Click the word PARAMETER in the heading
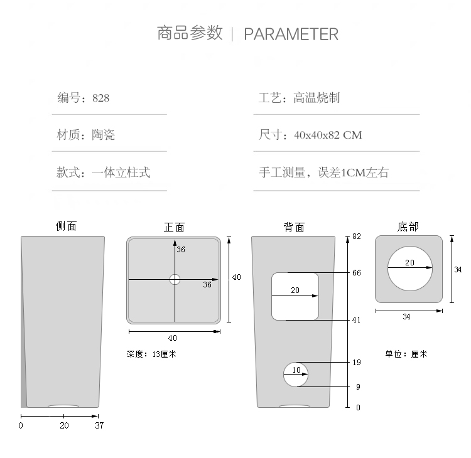pyautogui.click(x=291, y=34)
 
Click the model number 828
pyautogui.click(x=100, y=98)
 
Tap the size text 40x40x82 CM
pyautogui.click(x=327, y=135)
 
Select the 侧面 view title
pyautogui.click(x=66, y=226)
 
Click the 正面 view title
pyautogui.click(x=174, y=227)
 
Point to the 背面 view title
pyautogui.click(x=293, y=227)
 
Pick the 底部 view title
pyautogui.click(x=408, y=226)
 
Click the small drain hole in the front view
pyautogui.click(x=175, y=279)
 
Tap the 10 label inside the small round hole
pyautogui.click(x=296, y=370)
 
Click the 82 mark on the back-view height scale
pyautogui.click(x=357, y=237)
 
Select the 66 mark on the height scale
pyautogui.click(x=357, y=273)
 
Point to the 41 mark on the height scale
pyautogui.click(x=357, y=320)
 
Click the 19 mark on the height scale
pyautogui.click(x=357, y=363)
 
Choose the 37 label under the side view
pyautogui.click(x=99, y=425)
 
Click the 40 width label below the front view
pyautogui.click(x=173, y=338)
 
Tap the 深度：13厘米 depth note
pyautogui.click(x=151, y=354)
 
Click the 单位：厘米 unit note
pyautogui.click(x=406, y=354)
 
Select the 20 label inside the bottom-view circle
pyautogui.click(x=409, y=263)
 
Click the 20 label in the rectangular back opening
pyautogui.click(x=295, y=290)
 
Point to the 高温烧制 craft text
pyautogui.click(x=317, y=98)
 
